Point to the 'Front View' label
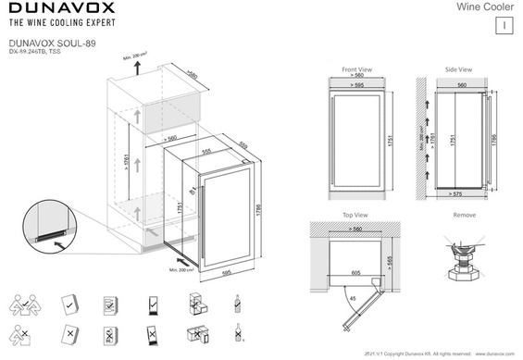point(356,69)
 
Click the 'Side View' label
point(458,69)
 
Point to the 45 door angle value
point(351,298)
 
